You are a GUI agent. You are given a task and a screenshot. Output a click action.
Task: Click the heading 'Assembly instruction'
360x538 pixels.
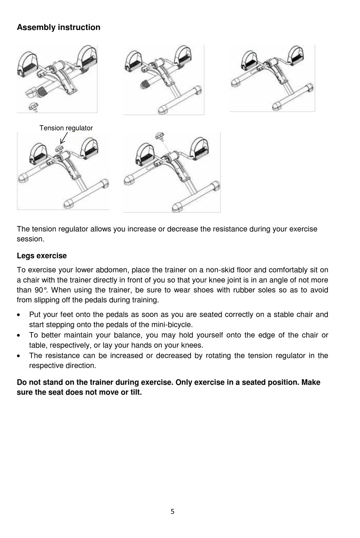[58, 27]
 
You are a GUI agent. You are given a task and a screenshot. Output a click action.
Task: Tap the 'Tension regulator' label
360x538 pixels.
[66, 128]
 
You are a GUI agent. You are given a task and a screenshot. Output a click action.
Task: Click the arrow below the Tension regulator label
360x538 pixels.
[63, 139]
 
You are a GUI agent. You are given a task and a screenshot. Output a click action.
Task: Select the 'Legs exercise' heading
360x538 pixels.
[42, 256]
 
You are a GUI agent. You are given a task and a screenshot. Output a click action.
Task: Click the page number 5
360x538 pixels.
[172, 512]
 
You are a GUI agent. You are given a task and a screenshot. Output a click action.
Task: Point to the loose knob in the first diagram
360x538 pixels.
[33, 107]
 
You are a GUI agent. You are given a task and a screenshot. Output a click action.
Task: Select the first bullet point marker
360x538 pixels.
[19, 315]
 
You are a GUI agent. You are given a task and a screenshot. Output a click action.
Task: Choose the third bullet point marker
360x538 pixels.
[19, 356]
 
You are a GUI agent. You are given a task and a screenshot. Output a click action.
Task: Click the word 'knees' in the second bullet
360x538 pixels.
[191, 345]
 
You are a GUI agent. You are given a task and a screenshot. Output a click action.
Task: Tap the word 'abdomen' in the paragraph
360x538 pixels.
[114, 270]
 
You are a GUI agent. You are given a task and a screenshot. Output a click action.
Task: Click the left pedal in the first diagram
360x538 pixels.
[27, 64]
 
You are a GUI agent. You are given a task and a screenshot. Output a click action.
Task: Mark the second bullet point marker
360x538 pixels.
[19, 336]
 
